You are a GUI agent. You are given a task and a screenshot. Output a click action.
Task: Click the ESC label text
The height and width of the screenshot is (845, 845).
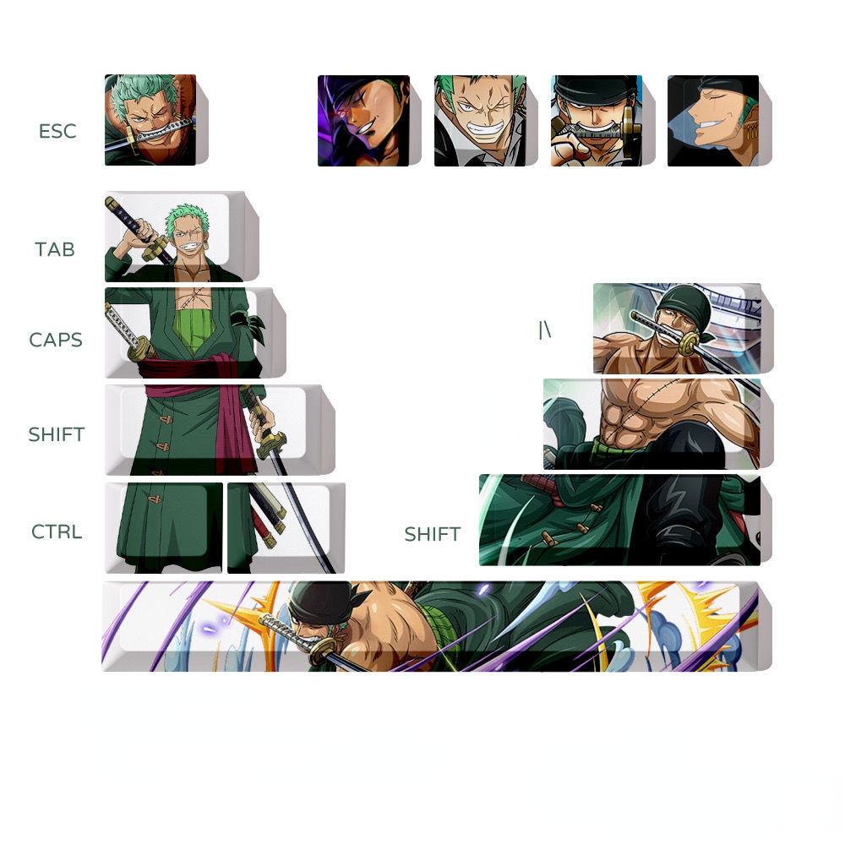pos(57,131)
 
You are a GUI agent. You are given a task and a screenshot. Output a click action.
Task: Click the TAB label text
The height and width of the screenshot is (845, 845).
pos(54,249)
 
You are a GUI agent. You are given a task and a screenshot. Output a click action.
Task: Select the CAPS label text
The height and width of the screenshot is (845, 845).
pos(56,340)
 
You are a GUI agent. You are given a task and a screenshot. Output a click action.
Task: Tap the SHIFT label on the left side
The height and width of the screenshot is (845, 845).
pos(56,434)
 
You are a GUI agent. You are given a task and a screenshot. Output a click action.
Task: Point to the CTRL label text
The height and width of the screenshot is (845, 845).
pos(57,532)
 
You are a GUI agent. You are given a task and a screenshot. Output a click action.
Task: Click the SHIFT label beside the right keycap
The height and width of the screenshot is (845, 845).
pos(432,534)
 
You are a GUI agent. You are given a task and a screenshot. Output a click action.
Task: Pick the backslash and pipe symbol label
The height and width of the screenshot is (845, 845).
pos(545,330)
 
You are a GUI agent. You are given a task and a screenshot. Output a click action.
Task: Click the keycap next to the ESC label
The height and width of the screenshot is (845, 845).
pos(156,120)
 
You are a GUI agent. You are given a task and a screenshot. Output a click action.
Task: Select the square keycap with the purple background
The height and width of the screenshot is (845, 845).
pos(369,121)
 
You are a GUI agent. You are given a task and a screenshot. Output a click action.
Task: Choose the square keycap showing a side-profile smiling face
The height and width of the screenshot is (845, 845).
pos(719,121)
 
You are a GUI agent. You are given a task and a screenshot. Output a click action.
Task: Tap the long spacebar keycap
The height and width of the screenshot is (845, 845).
pos(437,626)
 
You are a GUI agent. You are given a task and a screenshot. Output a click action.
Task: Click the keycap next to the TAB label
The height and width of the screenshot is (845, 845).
pos(182,237)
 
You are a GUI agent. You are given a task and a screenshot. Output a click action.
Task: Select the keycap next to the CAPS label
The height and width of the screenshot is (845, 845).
pos(195,332)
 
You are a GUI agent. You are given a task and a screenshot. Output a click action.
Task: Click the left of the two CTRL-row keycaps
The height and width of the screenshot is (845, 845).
pos(163,528)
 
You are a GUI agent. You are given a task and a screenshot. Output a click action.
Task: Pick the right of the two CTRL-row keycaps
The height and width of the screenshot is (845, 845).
pos(286,528)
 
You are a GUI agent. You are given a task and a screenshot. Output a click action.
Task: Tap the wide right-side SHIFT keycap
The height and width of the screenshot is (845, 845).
pos(625,520)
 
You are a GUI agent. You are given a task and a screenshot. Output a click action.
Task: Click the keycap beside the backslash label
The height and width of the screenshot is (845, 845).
pos(684,328)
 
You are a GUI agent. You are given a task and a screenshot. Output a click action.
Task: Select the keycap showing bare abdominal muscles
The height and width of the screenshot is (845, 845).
pos(658,424)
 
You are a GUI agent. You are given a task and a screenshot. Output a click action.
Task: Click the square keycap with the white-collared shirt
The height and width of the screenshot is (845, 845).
pos(486,121)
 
